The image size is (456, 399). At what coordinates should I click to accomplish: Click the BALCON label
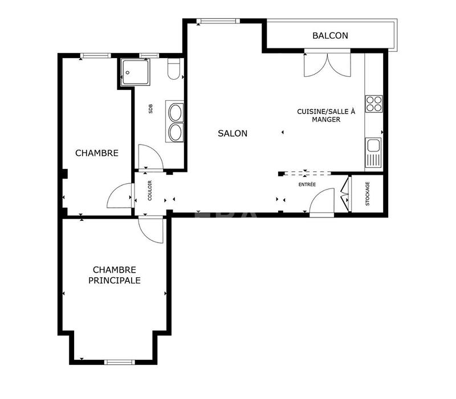tap(330, 35)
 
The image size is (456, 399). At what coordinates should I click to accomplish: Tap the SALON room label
tap(233, 134)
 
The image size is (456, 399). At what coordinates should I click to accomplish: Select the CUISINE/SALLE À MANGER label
tap(326, 116)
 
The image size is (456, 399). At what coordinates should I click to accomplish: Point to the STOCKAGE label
tap(368, 194)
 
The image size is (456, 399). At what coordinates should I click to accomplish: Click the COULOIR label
tap(150, 191)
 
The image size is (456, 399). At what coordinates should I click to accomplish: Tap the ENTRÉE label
tap(307, 185)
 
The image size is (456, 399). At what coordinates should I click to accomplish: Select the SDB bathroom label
tap(150, 110)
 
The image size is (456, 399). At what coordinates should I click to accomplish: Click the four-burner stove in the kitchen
tap(374, 104)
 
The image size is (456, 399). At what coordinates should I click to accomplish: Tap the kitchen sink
tap(373, 153)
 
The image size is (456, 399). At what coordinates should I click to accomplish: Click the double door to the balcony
tap(327, 65)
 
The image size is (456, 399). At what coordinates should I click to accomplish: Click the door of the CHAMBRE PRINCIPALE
tap(152, 229)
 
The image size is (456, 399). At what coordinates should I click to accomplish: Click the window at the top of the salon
tap(210, 22)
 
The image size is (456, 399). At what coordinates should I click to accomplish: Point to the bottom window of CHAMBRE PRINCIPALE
tap(119, 361)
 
